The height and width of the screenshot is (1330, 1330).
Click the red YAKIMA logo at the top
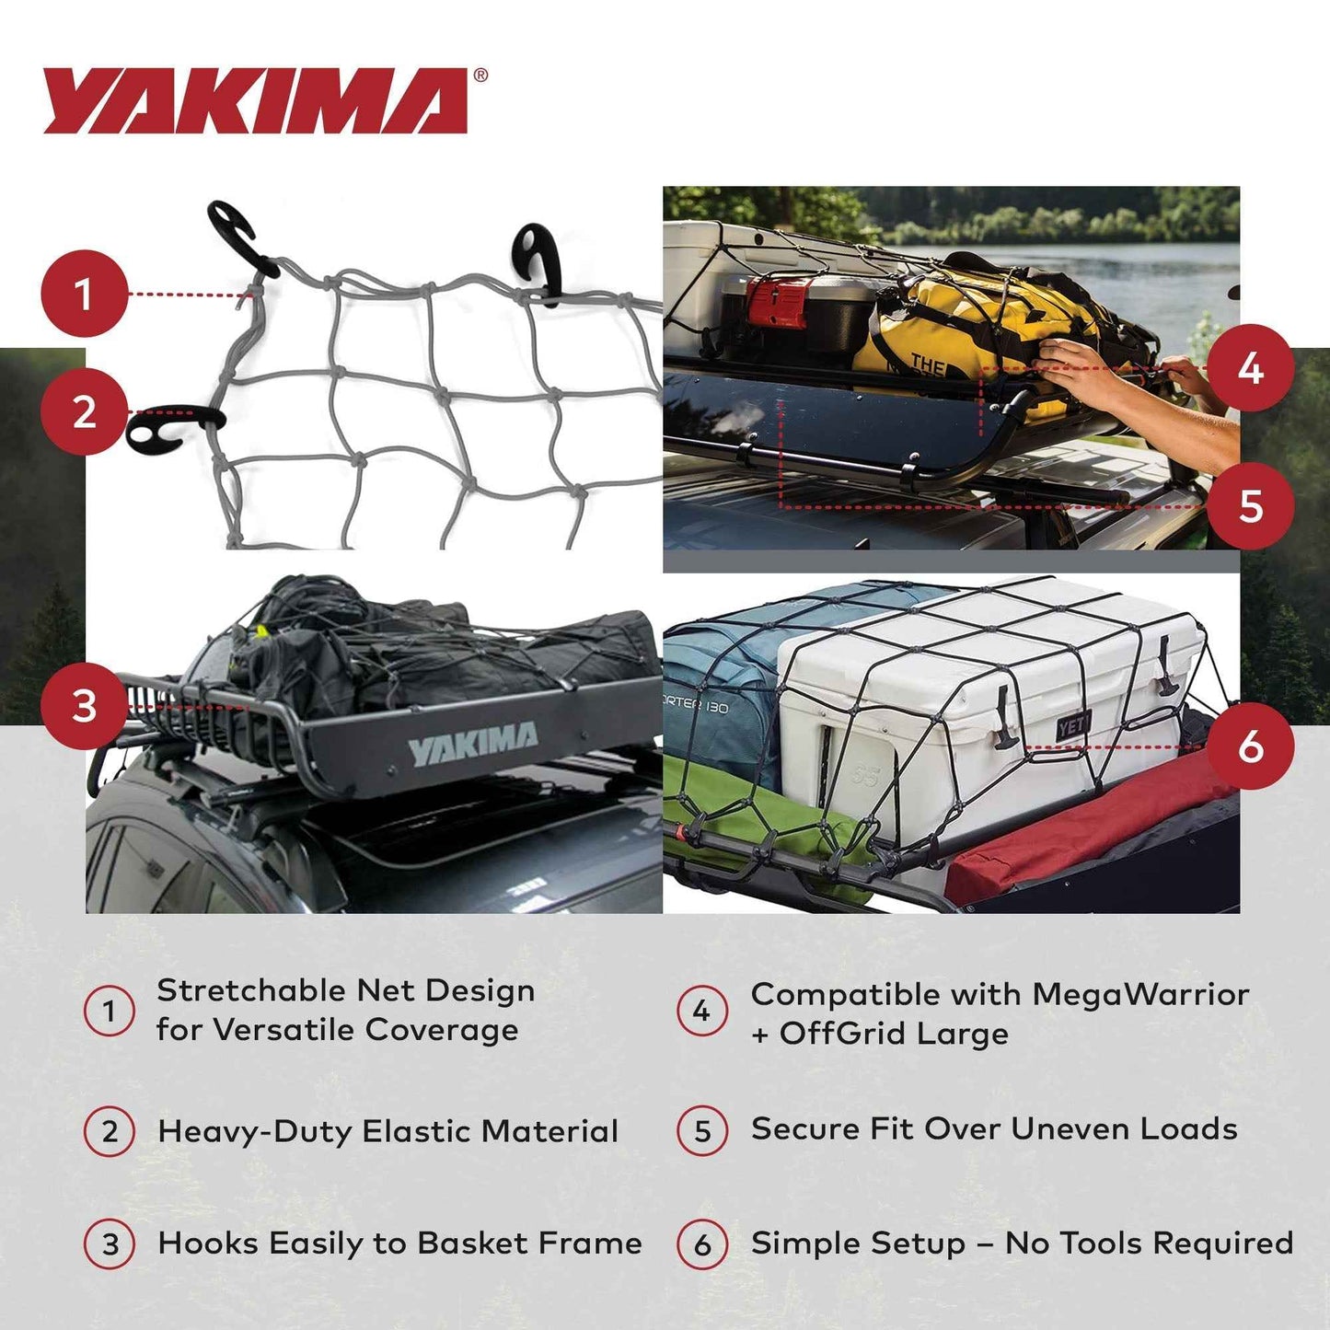tap(256, 100)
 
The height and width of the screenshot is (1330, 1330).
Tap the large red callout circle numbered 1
tap(84, 295)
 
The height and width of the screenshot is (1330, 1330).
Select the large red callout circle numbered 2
tap(84, 411)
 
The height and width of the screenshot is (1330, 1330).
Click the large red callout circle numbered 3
tap(84, 707)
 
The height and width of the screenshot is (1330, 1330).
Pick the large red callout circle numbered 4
tap(1250, 368)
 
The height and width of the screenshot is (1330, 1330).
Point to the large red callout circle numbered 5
tap(1250, 506)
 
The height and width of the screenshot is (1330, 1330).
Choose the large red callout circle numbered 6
tap(1250, 746)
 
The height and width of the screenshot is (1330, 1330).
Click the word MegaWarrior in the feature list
tap(1140, 994)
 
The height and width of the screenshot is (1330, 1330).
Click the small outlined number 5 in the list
tap(702, 1131)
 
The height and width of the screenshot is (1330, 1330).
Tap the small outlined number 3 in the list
tap(110, 1244)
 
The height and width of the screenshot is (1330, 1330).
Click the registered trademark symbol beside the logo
tap(480, 76)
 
